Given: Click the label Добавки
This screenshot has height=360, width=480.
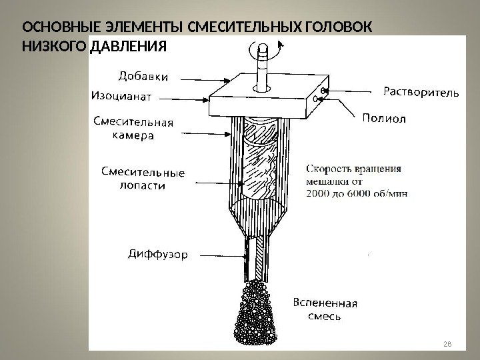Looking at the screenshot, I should pyautogui.click(x=143, y=76).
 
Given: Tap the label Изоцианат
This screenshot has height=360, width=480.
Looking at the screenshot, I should pyautogui.click(x=121, y=96).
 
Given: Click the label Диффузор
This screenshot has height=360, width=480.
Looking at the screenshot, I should pyautogui.click(x=157, y=254).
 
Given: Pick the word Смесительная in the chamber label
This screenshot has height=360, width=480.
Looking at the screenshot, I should pyautogui.click(x=133, y=122).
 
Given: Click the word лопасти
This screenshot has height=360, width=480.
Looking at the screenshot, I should pyautogui.click(x=142, y=186).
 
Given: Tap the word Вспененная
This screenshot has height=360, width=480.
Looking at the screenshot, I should pyautogui.click(x=325, y=303).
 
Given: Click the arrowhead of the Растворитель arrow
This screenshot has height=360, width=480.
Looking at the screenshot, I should pyautogui.click(x=325, y=90).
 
